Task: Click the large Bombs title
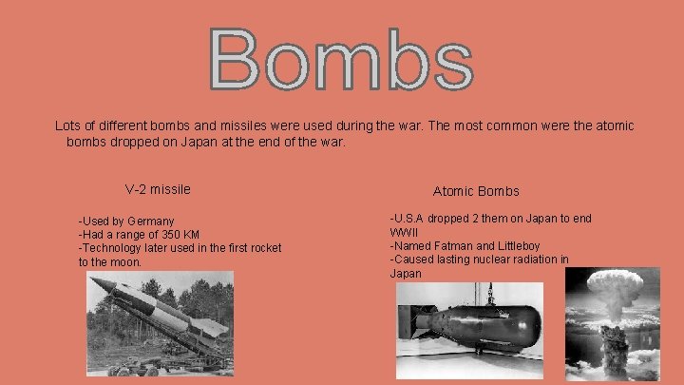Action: click(342, 59)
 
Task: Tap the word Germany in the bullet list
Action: click(151, 221)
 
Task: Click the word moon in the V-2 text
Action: click(123, 261)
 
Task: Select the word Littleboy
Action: click(526, 245)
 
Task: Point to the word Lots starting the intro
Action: click(69, 125)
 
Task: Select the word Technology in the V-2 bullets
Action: click(118, 248)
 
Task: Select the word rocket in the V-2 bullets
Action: click(263, 248)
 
